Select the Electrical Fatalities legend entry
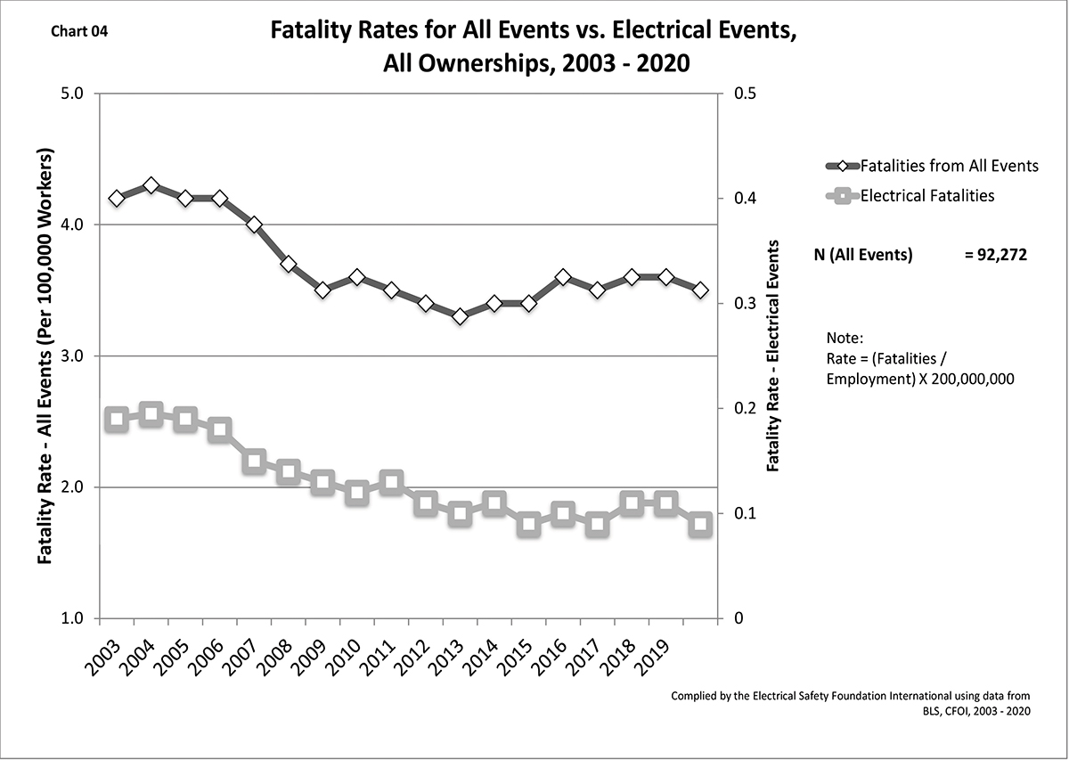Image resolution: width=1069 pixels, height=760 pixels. (926, 195)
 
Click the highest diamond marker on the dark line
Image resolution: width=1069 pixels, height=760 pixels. (151, 185)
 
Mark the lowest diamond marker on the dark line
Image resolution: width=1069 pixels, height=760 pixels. (460, 316)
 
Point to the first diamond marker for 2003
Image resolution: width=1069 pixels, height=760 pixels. (116, 198)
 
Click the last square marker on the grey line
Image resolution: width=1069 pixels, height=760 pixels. (700, 524)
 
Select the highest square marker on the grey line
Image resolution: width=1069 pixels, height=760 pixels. (151, 414)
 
